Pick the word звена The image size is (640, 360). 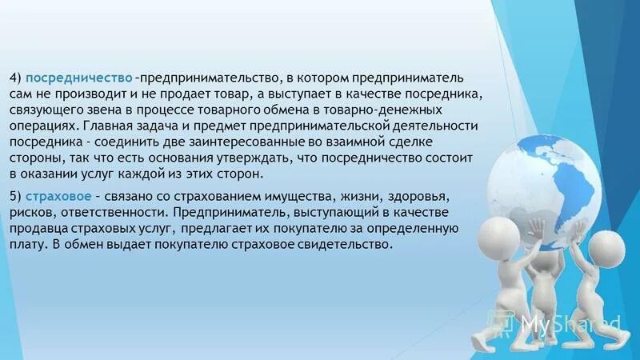(x=110, y=110)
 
